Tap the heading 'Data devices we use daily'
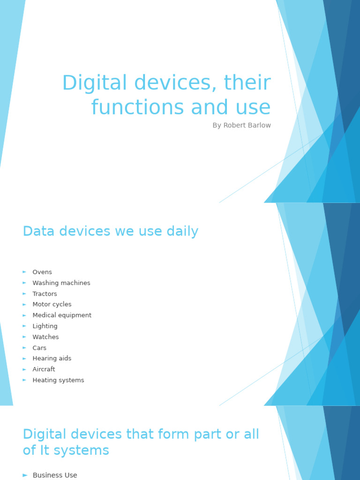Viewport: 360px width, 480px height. click(111, 232)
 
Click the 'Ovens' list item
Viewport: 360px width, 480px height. click(42, 272)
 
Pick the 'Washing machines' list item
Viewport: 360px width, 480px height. click(61, 283)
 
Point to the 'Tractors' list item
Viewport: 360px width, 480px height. click(45, 294)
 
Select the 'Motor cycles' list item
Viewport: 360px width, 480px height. click(52, 305)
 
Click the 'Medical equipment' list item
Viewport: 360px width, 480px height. click(62, 315)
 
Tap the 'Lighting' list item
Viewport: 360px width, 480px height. click(45, 326)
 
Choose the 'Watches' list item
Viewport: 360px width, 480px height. click(45, 337)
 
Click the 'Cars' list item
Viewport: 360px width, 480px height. click(39, 348)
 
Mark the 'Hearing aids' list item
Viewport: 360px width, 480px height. click(52, 359)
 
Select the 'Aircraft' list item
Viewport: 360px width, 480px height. click(44, 369)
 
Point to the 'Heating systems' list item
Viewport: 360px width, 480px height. click(58, 380)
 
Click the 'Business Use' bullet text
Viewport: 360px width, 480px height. click(55, 475)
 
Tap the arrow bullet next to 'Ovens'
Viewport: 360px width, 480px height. click(24, 272)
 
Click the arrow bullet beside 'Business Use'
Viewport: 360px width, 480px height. click(25, 475)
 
